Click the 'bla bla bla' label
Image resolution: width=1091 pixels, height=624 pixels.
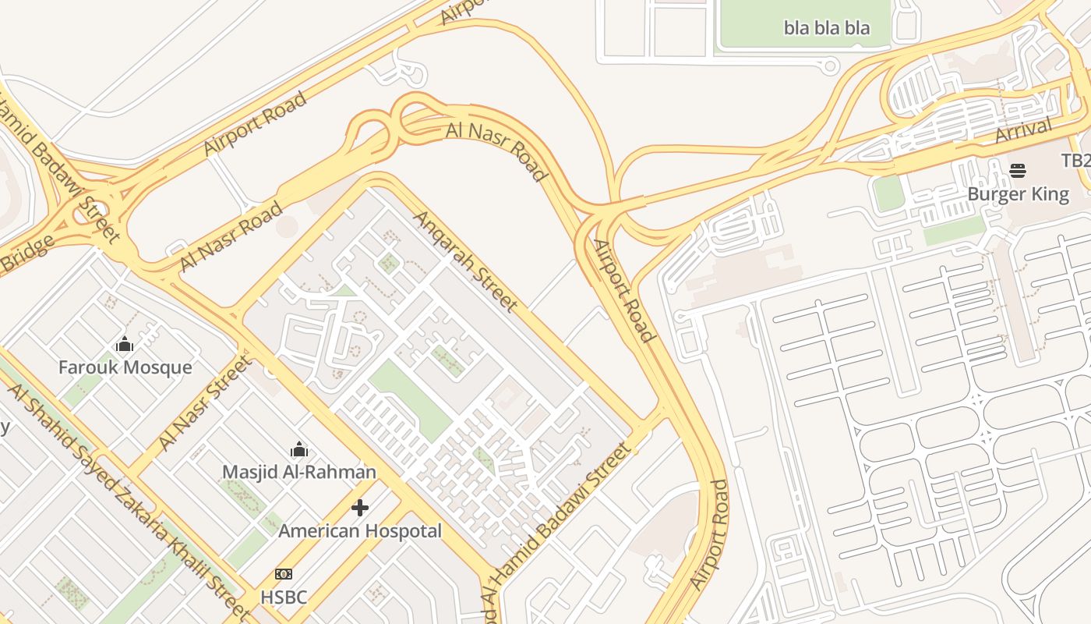tap(826, 28)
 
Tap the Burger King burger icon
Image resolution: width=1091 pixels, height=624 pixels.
tap(1018, 171)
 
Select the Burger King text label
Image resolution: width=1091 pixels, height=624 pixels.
tap(1018, 193)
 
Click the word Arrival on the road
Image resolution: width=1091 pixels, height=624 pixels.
tap(1024, 130)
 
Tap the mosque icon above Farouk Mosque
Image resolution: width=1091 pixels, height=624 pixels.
tap(125, 344)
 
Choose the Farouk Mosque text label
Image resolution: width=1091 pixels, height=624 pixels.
tap(125, 367)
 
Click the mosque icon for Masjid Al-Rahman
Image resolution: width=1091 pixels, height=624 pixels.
tap(298, 449)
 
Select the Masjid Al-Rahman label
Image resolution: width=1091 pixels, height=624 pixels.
tap(298, 472)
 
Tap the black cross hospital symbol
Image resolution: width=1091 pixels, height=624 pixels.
tap(359, 508)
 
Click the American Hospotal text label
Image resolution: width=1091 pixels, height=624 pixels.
tap(359, 531)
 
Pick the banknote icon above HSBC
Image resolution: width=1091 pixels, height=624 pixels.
tap(284, 574)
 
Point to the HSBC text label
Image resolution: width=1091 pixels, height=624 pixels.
tap(284, 597)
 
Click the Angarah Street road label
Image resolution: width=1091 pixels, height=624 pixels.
tap(465, 261)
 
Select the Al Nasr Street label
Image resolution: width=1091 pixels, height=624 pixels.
tap(206, 402)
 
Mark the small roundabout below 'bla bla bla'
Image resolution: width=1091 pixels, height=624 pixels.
tap(830, 66)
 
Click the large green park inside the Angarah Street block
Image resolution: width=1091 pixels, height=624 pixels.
tap(410, 400)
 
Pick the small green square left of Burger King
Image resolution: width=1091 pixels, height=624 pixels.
tap(888, 193)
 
